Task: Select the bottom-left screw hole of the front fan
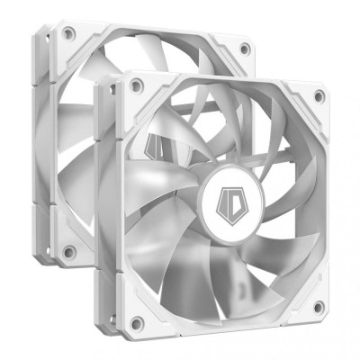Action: (135, 321)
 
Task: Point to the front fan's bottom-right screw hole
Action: (317, 307)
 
